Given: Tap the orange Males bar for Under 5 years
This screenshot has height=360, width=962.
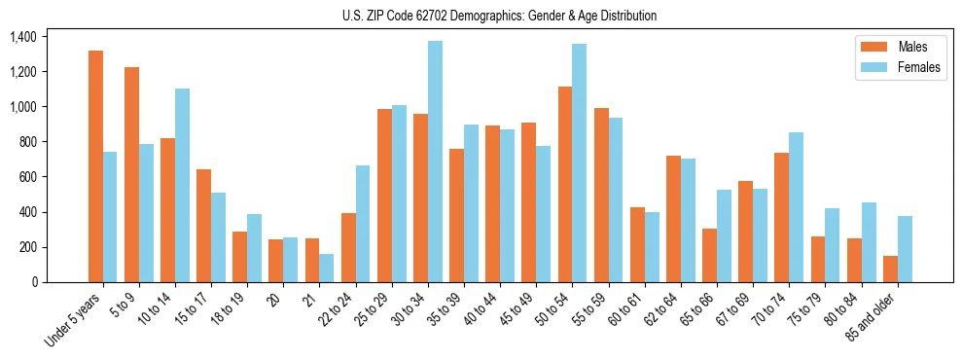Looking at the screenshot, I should pyautogui.click(x=95, y=166).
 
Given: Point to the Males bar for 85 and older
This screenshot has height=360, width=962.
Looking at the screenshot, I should pyautogui.click(x=890, y=269).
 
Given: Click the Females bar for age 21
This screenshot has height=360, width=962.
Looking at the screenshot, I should pyautogui.click(x=326, y=268).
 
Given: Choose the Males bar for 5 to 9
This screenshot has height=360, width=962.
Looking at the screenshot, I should pyautogui.click(x=131, y=174).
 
